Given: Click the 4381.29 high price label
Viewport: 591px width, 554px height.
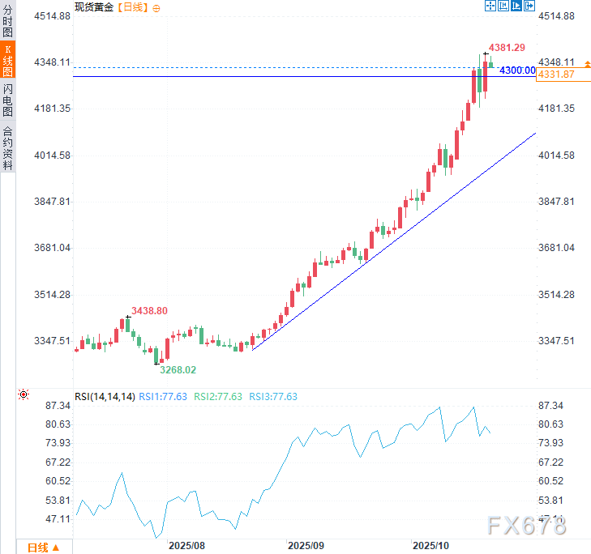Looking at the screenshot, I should tap(507, 48).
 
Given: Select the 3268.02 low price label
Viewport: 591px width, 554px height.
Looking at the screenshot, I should tap(177, 369).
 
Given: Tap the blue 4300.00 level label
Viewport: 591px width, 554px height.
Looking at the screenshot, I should tap(516, 70).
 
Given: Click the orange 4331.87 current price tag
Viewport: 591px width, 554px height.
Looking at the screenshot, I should tap(556, 75).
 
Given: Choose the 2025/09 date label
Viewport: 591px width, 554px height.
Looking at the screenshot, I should tap(306, 547).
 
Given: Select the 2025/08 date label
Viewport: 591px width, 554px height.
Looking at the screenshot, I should tap(186, 547).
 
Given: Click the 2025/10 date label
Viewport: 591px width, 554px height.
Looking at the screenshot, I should tap(430, 547).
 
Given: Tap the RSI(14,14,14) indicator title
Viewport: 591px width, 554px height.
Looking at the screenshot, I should tap(104, 397).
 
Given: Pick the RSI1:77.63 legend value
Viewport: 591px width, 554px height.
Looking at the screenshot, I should tap(162, 397).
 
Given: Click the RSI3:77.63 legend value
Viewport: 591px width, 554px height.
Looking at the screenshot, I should tap(272, 397).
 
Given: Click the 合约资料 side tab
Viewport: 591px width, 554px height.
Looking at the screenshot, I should tap(8, 148).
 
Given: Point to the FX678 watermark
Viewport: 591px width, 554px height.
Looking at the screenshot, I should tap(527, 526).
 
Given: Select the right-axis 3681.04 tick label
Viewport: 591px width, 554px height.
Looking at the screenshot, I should tap(557, 248).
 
